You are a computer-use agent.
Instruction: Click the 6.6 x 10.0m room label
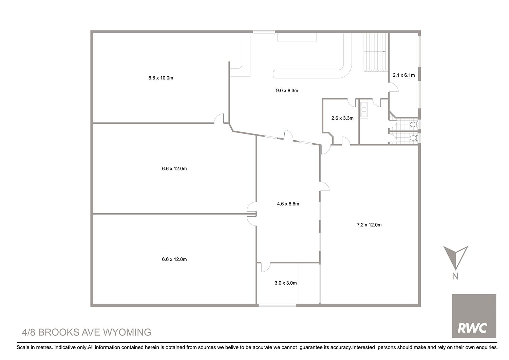point(161,78)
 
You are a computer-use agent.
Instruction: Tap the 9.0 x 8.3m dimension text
point(287,91)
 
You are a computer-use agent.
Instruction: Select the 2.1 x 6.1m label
point(403,75)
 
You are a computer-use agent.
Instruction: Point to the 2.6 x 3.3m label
point(342,118)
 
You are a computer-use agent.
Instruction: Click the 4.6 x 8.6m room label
point(288,204)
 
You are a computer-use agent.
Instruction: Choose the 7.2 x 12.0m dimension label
point(369,225)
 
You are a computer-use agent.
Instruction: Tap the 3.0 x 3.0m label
point(286,283)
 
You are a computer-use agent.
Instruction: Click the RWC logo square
point(474,316)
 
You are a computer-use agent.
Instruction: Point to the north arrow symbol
point(456,257)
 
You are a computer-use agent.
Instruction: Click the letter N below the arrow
point(455,276)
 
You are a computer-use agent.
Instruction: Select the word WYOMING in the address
point(127,332)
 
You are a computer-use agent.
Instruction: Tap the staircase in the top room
point(376,52)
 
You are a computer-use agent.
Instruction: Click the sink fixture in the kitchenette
point(364,110)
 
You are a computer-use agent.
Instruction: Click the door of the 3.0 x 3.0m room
point(265,267)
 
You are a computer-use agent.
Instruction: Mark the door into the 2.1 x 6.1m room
point(393,87)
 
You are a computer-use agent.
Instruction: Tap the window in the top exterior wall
point(264,32)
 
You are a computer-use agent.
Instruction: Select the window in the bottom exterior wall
point(277,305)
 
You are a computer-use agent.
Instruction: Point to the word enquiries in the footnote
point(487,347)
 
